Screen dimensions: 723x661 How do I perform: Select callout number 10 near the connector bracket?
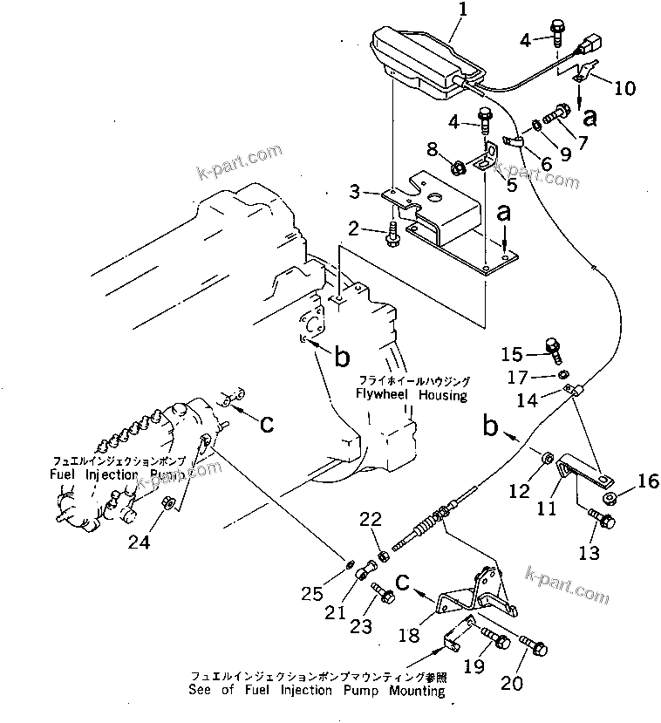624,88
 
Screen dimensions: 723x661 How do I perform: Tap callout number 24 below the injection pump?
139,542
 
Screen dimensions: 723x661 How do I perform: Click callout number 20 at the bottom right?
512,683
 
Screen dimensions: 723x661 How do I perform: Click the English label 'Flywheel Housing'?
411,395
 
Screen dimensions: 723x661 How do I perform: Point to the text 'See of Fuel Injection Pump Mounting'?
316,691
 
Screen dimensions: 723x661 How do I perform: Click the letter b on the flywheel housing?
342,356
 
